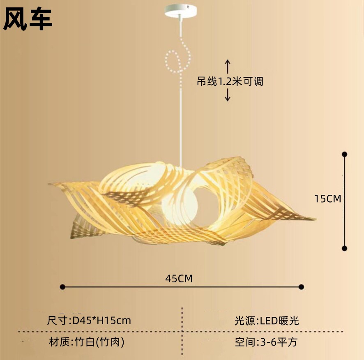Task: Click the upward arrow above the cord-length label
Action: pyautogui.click(x=228, y=66)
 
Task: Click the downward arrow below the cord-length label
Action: pyautogui.click(x=228, y=95)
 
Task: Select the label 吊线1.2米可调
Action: pyautogui.click(x=230, y=81)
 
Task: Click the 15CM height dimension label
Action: pyautogui.click(x=327, y=199)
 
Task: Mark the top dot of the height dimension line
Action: pyautogui.click(x=344, y=154)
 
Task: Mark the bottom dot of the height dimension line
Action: pyautogui.click(x=344, y=248)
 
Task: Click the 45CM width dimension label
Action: pyautogui.click(x=179, y=278)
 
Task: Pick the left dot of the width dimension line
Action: pyautogui.click(x=62, y=287)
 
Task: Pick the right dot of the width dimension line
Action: pyautogui.click(x=301, y=287)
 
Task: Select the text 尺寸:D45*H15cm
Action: pyautogui.click(x=89, y=320)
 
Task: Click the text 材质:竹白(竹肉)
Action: pyautogui.click(x=86, y=342)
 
